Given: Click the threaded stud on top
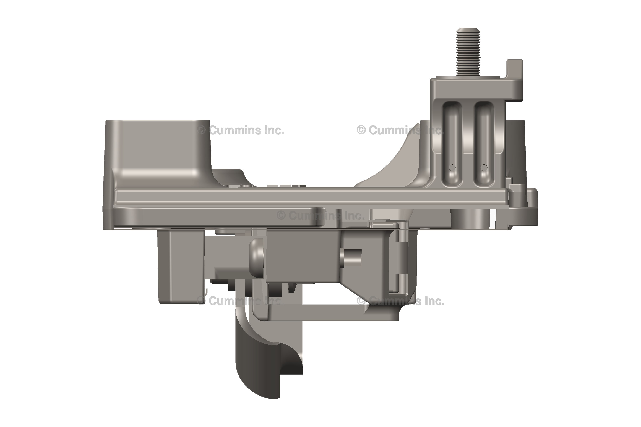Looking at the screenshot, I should tap(468, 52).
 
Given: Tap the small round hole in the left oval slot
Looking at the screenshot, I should tap(452, 168).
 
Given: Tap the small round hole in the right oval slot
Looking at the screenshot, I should tap(484, 168).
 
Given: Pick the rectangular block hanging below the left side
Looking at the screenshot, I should tap(181, 267).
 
